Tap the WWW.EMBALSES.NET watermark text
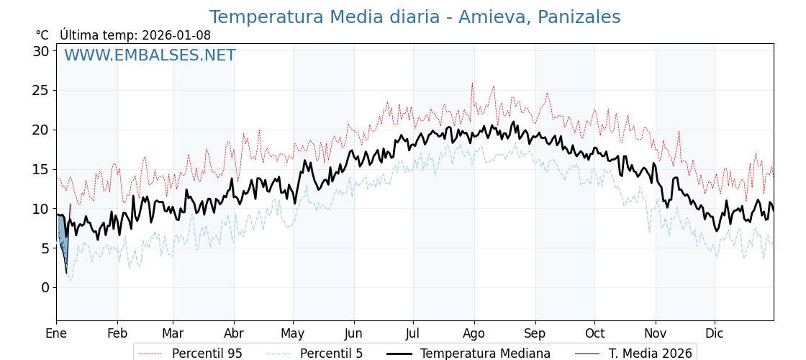150,55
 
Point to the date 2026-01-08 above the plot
176,35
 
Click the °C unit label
42,35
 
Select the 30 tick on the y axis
41,51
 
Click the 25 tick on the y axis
41,91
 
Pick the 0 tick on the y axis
45,287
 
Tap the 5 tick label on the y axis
45,248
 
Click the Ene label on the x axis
56,333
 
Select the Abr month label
234,333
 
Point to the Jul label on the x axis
413,333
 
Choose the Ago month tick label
474,333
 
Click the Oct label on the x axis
594,333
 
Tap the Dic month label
715,333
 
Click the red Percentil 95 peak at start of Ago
472,84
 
